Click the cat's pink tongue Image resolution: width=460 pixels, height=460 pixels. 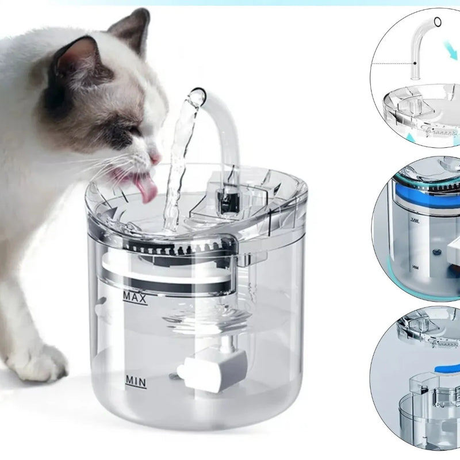point(146,189)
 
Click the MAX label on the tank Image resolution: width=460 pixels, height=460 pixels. point(135,298)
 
